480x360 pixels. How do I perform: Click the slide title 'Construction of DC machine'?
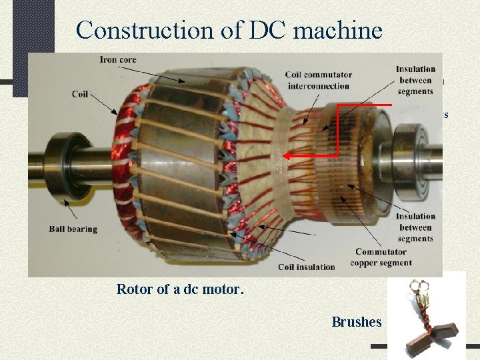pos(229,30)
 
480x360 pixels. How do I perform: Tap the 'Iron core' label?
pos(118,59)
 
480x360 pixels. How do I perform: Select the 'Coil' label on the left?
pos(80,94)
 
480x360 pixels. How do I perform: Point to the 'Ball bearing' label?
pos(73,229)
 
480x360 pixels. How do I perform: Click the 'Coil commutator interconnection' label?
pos(318,80)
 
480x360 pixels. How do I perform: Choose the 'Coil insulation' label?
pos(305,267)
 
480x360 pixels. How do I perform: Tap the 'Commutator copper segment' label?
pos(381,257)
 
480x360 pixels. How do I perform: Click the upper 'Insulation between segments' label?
pos(415,80)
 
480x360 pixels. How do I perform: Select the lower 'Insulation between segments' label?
pos(415,227)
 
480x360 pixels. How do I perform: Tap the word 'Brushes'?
pos(356,322)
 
